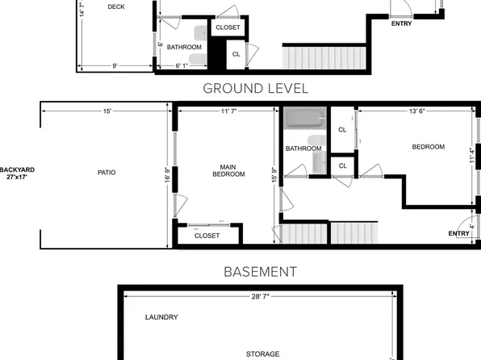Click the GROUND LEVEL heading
click(256, 89)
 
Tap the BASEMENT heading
click(261, 271)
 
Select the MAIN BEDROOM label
click(228, 170)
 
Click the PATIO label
click(107, 173)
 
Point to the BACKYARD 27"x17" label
click(17, 173)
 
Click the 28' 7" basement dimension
click(261, 296)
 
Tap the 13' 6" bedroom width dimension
click(417, 111)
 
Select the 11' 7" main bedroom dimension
click(229, 111)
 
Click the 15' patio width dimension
click(107, 111)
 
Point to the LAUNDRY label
click(161, 317)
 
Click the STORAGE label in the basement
click(262, 354)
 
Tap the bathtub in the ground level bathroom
click(304, 118)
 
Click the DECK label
click(116, 6)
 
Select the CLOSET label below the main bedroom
click(207, 236)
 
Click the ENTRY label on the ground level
click(459, 233)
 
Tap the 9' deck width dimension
click(115, 65)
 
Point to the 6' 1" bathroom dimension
click(182, 65)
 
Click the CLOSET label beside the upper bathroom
click(228, 27)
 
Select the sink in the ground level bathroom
click(320, 163)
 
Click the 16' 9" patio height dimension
click(167, 175)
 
